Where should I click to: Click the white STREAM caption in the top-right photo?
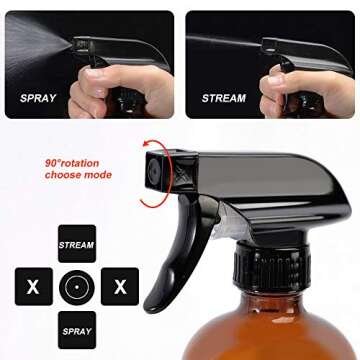tap(223, 99)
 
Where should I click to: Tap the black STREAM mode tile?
tap(77, 243)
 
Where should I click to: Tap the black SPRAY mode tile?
tap(77, 329)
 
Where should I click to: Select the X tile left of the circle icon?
tap(33, 286)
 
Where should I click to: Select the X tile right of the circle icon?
tap(120, 286)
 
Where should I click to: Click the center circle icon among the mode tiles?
tap(77, 286)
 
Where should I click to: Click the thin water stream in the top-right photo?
tap(225, 42)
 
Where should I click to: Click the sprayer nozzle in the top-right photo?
tap(270, 44)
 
